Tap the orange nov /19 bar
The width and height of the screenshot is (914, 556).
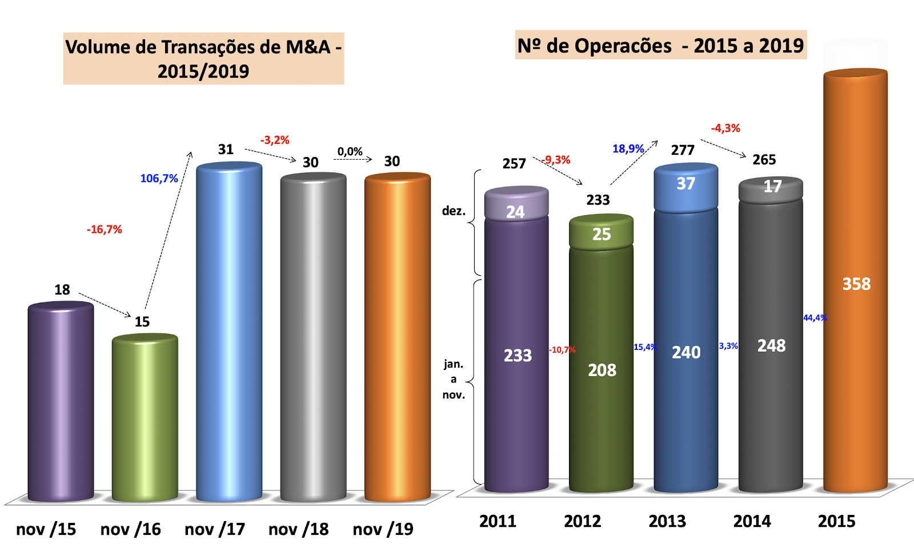pos(397,337)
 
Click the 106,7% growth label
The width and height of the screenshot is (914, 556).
pos(159,179)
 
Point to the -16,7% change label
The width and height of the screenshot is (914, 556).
pos(105,229)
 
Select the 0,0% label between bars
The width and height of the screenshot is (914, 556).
pos(350,152)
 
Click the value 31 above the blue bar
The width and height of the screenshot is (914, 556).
pos(226,150)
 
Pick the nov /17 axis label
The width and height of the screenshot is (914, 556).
pos(215,529)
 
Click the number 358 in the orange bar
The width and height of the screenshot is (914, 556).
pos(856,284)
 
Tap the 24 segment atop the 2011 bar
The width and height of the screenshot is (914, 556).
pos(515,212)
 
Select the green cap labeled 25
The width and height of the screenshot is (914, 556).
pos(602,234)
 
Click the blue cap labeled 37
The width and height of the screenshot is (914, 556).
pos(685,184)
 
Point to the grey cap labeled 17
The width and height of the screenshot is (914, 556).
pos(772,187)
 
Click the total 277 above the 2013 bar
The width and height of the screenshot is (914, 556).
pos(683,150)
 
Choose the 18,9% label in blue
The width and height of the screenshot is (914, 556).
pos(628,149)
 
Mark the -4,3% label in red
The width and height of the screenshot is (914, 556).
pos(725,128)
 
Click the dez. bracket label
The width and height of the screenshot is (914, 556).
pos(454,211)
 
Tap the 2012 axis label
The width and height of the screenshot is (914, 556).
pos(582,521)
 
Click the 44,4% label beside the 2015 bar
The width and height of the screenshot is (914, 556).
pos(815,318)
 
